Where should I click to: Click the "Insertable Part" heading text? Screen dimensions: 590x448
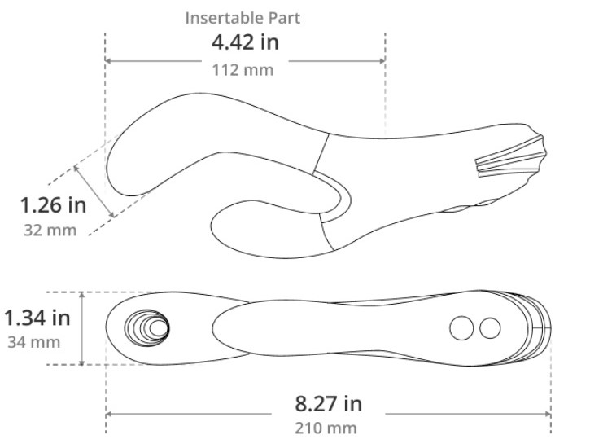tap(243, 18)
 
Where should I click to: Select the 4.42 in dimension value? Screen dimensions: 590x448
tap(245, 42)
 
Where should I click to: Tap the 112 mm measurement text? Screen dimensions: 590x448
tap(243, 70)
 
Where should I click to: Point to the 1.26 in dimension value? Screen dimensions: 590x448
tap(53, 205)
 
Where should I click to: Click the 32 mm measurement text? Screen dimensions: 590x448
tap(50, 230)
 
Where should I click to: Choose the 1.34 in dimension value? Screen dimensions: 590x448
tap(37, 318)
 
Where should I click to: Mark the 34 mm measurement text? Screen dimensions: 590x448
tap(34, 342)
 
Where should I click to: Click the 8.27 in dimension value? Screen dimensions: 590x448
tap(328, 403)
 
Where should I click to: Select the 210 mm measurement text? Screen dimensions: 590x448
tap(326, 428)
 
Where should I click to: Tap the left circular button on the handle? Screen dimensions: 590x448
tap(461, 328)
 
